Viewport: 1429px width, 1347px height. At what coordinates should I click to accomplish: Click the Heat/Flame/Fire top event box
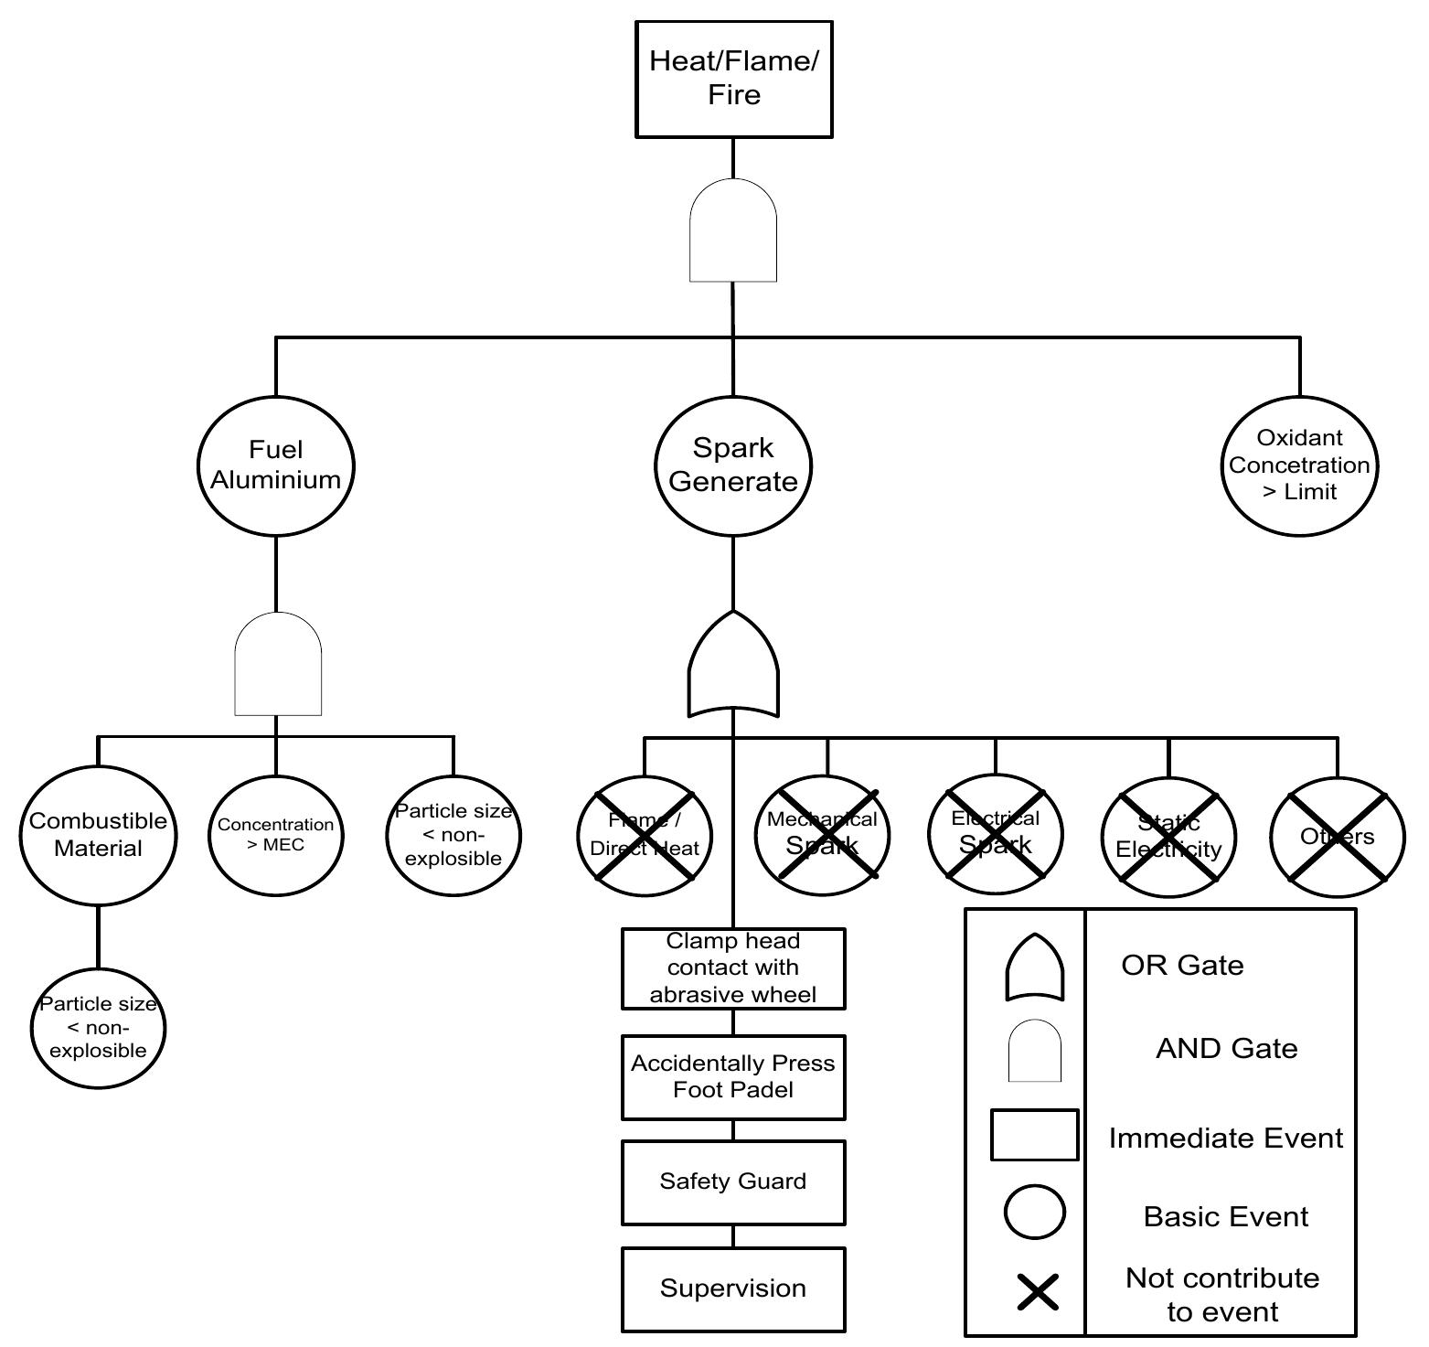pos(733,80)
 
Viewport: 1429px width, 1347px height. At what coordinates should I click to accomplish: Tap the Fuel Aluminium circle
pos(276,465)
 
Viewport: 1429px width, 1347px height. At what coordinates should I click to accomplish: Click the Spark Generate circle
pos(733,465)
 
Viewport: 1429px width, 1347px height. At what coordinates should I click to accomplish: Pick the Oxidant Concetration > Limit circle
pos(1299,465)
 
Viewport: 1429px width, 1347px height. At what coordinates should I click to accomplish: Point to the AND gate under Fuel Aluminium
pos(278,665)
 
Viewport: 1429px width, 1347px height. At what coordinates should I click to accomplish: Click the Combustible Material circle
pos(98,835)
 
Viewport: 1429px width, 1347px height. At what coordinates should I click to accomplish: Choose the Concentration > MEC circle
pos(276,835)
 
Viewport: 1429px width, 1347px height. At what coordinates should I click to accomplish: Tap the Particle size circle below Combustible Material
pos(98,1028)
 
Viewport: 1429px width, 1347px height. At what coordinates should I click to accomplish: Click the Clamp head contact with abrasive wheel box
pos(733,968)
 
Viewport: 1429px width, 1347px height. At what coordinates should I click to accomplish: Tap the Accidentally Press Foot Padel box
pos(733,1076)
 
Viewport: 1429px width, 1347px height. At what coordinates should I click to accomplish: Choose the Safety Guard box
pos(733,1181)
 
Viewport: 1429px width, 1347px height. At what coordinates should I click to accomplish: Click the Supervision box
pos(733,1288)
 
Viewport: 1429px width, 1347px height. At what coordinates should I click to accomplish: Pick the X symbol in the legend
pos(1038,1292)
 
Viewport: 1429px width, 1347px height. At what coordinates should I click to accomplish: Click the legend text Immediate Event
pos(1225,1139)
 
